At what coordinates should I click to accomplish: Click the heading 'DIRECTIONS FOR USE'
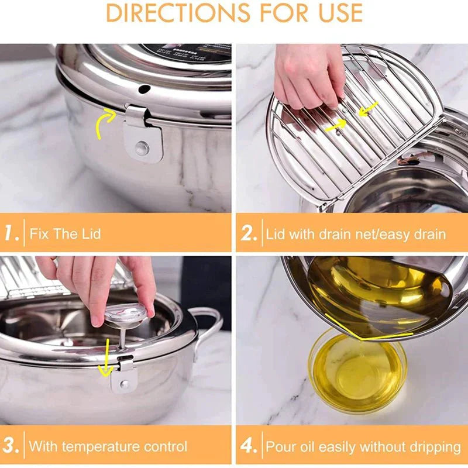pyautogui.click(x=234, y=13)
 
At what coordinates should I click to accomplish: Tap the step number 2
pyautogui.click(x=249, y=234)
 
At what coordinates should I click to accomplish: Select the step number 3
pyautogui.click(x=12, y=446)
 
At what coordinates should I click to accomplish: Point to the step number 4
pyautogui.click(x=249, y=446)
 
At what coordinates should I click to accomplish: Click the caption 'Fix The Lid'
pyautogui.click(x=65, y=234)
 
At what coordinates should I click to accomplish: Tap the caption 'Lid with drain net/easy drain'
pyautogui.click(x=356, y=235)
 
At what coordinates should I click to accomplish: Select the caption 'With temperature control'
pyautogui.click(x=108, y=447)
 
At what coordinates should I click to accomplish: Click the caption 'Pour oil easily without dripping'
pyautogui.click(x=363, y=447)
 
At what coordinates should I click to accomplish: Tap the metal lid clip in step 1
pyautogui.click(x=140, y=135)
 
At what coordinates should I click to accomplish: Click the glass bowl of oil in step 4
pyautogui.click(x=357, y=369)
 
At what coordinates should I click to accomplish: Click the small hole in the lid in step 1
pyautogui.click(x=144, y=89)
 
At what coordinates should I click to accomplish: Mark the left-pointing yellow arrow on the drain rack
pyautogui.click(x=368, y=109)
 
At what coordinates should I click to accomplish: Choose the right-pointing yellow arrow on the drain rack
pyautogui.click(x=336, y=124)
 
